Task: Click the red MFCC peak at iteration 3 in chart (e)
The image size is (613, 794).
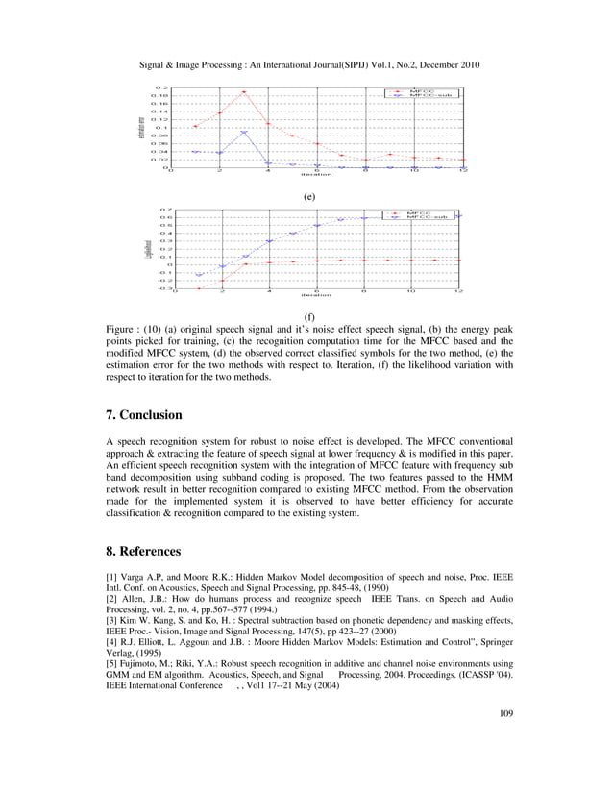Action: [x=244, y=92]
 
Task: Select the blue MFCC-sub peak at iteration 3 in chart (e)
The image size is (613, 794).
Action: [x=244, y=133]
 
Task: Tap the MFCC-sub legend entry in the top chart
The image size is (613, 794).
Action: [x=429, y=95]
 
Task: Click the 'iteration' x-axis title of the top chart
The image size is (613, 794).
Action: [x=316, y=175]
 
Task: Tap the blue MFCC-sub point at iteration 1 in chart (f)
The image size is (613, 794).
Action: [x=199, y=275]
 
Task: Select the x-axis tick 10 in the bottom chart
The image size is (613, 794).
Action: [x=411, y=290]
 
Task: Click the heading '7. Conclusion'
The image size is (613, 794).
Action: [x=151, y=415]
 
